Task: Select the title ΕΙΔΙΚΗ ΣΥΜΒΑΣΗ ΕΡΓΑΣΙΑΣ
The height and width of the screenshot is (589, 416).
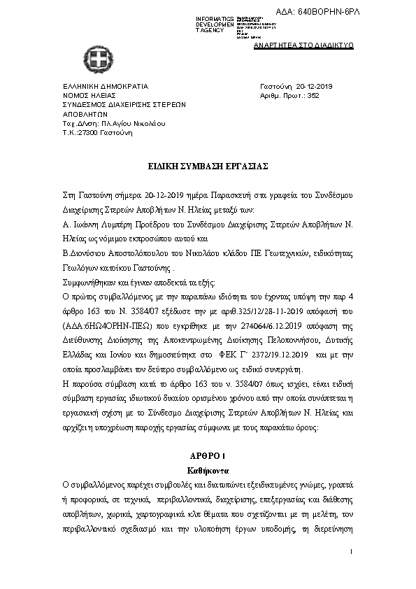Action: (208, 166)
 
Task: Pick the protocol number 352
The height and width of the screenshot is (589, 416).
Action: (314, 96)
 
